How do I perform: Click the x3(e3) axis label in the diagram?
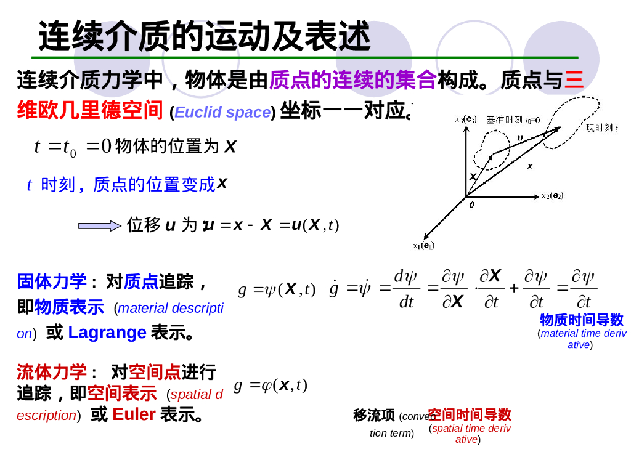click(466, 119)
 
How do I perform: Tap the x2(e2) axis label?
click(552, 196)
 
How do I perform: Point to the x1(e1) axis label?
click(423, 245)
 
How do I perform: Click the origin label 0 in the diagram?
click(472, 204)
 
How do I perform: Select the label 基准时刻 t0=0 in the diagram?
click(513, 119)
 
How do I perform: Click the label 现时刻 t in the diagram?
click(601, 127)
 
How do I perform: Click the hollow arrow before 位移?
click(100, 226)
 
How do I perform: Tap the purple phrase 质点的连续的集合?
click(352, 79)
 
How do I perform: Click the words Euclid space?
click(222, 112)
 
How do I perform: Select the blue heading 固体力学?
click(52, 282)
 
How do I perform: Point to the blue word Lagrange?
click(107, 333)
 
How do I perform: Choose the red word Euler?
click(134, 414)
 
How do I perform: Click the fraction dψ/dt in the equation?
click(406, 289)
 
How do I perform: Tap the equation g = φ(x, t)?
click(271, 385)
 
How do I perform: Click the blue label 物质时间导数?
click(582, 320)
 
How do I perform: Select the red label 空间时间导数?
click(470, 414)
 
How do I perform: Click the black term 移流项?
click(373, 416)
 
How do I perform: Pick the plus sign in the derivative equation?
click(514, 288)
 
